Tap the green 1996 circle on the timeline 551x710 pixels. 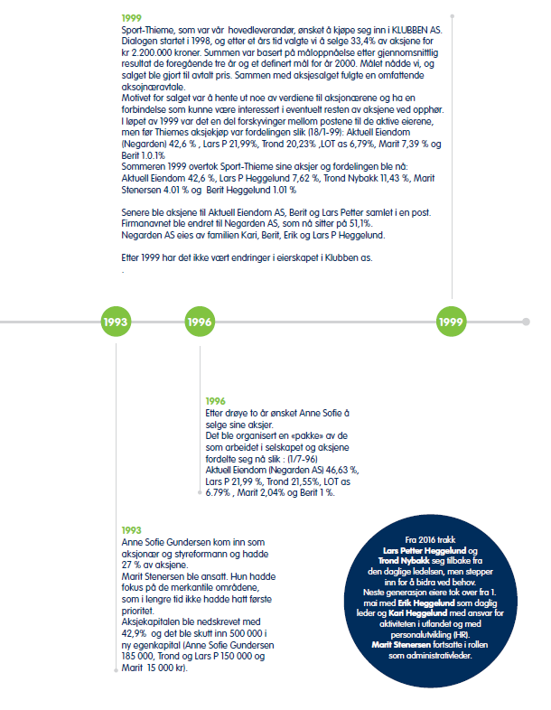coord(201,322)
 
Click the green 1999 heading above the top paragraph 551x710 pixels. coord(131,18)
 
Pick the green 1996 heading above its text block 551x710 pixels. coord(216,401)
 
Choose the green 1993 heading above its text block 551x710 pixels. coord(131,530)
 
